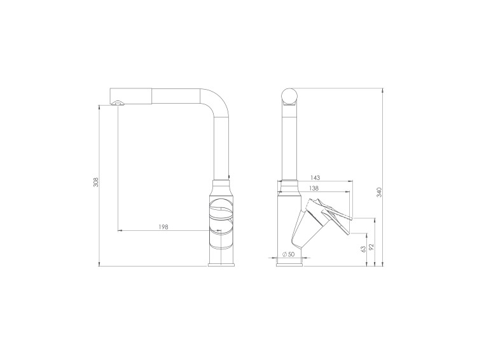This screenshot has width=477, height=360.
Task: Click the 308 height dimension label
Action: point(96,182)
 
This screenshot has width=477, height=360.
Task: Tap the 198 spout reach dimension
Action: point(163,226)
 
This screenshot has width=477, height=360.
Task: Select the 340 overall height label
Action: point(379,193)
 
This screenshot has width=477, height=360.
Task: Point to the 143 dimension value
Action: point(315,177)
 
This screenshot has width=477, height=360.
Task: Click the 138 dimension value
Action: point(314,188)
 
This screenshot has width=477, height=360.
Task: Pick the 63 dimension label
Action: point(363,249)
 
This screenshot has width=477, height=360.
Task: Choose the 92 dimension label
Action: point(371,247)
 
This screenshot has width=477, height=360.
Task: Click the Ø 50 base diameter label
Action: point(288,254)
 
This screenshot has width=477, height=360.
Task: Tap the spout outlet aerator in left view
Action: point(118,103)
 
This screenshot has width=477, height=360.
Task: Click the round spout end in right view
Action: point(289,96)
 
